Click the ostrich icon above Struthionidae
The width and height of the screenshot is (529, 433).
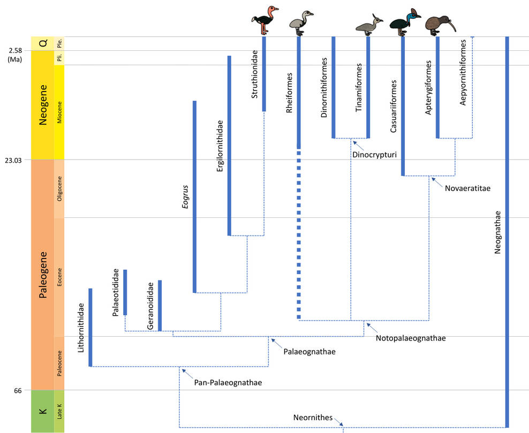coord(264,20)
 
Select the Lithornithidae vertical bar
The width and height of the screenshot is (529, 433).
coord(90,327)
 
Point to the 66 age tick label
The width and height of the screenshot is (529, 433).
coord(18,391)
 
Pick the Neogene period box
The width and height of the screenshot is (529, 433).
coord(42,104)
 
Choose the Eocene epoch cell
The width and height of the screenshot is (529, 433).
coord(59,276)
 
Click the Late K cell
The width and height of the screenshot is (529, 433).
coord(59,411)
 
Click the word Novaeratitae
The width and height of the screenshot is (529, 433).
coord(467,188)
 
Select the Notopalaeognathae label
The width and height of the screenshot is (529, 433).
coord(411,338)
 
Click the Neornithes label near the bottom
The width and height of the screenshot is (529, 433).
coord(313,417)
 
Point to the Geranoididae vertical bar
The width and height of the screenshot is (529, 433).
coord(160,305)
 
